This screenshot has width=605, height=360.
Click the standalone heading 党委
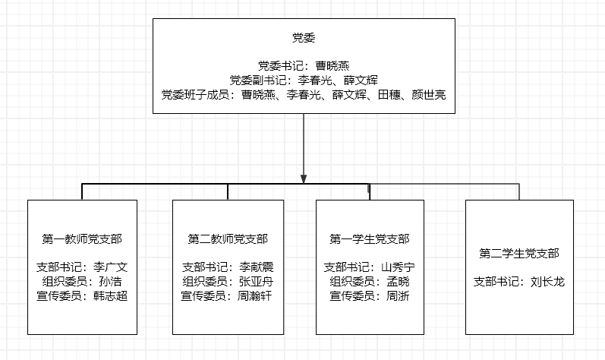click(304, 37)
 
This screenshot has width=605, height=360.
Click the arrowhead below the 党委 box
click(304, 178)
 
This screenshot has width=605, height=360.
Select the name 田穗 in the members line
click(389, 94)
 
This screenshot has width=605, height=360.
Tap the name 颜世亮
click(429, 94)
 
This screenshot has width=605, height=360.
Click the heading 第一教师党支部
click(82, 238)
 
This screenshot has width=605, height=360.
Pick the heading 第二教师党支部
click(228, 238)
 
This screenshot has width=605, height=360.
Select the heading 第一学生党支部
click(370, 238)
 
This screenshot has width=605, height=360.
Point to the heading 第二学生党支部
click(519, 253)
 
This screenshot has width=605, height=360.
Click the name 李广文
click(110, 267)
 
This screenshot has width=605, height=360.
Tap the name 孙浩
click(110, 281)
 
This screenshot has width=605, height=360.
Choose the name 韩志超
click(110, 296)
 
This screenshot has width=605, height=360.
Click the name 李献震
click(257, 267)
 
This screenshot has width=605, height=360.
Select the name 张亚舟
click(257, 281)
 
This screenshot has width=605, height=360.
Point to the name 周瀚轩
click(254, 296)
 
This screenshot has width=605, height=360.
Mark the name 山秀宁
click(399, 267)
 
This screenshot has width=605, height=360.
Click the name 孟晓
click(399, 281)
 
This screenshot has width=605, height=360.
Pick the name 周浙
click(399, 296)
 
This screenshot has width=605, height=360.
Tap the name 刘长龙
click(547, 282)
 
